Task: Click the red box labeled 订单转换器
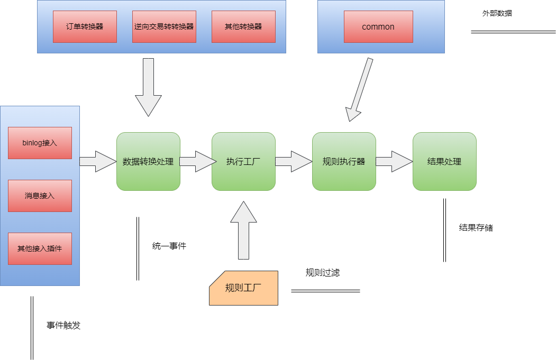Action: (x=85, y=26)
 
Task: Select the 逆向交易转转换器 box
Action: (x=164, y=26)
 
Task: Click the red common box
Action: (x=378, y=26)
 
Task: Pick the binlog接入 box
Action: (x=40, y=143)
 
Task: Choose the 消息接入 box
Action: (x=40, y=196)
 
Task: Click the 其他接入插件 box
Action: (x=40, y=248)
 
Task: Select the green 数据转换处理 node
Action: (x=148, y=161)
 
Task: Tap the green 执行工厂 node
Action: (x=243, y=161)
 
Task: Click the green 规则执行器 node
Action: (x=344, y=161)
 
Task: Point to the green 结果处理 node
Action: (x=444, y=161)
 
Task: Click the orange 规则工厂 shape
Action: (x=244, y=288)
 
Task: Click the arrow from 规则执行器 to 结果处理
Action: (x=394, y=161)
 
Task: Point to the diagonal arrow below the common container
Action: (x=360, y=90)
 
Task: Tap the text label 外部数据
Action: (x=497, y=13)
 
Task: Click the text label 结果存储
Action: (x=476, y=228)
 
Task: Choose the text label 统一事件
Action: (x=169, y=246)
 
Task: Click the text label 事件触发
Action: (x=63, y=326)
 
